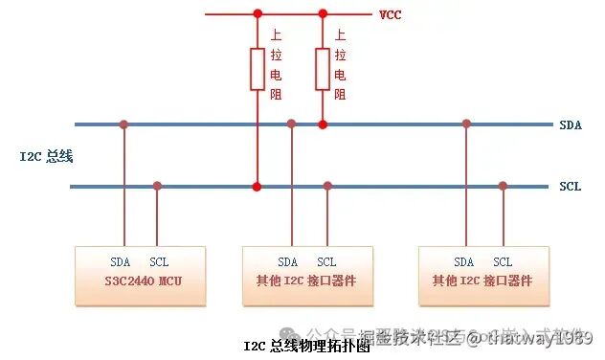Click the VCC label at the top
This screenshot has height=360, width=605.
pyautogui.click(x=390, y=14)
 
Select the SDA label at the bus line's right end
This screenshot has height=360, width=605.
pyautogui.click(x=570, y=124)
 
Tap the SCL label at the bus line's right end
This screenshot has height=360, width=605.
pyautogui.click(x=570, y=186)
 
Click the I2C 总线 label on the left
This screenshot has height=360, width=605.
pyautogui.click(x=47, y=155)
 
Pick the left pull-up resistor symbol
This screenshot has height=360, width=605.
pyautogui.click(x=257, y=69)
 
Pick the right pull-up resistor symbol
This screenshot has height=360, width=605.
pyautogui.click(x=323, y=69)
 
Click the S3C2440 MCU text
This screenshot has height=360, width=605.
pyautogui.click(x=140, y=281)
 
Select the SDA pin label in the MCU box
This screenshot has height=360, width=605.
pyautogui.click(x=120, y=262)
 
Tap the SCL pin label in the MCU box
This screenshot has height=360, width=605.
pyautogui.click(x=159, y=262)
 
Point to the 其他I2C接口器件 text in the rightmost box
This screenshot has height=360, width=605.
pyautogui.click(x=482, y=281)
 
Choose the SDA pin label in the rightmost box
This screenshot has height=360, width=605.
pyautogui.click(x=464, y=262)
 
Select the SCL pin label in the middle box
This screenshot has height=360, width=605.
pyautogui.click(x=326, y=262)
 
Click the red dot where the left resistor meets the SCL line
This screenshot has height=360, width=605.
pyautogui.click(x=257, y=186)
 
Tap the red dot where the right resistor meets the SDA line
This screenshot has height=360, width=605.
pyautogui.click(x=323, y=124)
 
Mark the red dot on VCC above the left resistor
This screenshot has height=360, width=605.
pyautogui.click(x=257, y=14)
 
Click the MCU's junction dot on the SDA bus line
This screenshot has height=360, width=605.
pyautogui.click(x=123, y=124)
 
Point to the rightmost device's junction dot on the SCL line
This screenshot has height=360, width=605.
pyautogui.click(x=503, y=186)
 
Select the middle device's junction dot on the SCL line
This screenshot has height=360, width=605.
pyautogui.click(x=327, y=186)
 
